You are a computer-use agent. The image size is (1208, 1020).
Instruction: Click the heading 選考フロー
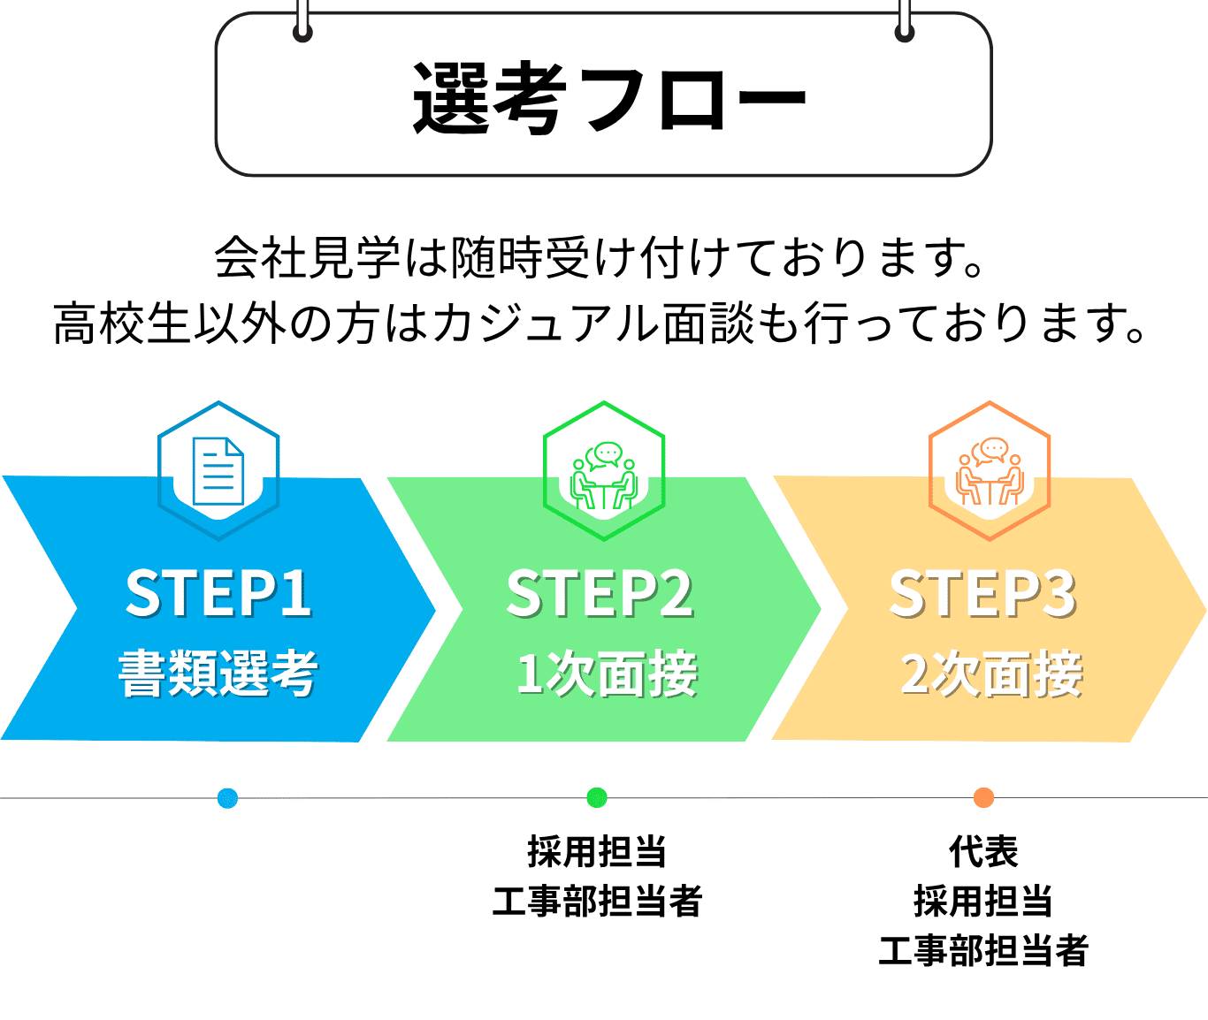pos(608,98)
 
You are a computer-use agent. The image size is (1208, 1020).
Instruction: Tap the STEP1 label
pos(218,593)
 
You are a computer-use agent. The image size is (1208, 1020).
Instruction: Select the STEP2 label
pos(600,593)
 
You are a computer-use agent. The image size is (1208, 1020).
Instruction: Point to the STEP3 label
pos(983,593)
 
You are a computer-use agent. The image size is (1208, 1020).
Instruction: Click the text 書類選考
pos(218,673)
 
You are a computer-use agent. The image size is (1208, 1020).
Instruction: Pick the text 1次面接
pos(607,673)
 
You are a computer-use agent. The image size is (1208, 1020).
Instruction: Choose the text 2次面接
pos(991,673)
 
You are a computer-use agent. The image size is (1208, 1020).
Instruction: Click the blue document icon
pos(218,471)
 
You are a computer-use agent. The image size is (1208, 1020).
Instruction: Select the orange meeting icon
pos(990,471)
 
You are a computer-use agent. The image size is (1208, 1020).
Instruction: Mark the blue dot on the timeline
pos(227,798)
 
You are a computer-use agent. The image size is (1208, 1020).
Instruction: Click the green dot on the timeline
pos(596,797)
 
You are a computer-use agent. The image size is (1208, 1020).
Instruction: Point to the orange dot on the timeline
pos(983,797)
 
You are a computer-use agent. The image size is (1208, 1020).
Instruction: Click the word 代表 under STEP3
pos(983,851)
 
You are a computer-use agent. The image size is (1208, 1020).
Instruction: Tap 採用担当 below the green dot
pos(596,851)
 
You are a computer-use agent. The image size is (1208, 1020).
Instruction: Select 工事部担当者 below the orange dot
pos(983,950)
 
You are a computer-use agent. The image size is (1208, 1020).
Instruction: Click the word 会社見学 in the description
pos(307,257)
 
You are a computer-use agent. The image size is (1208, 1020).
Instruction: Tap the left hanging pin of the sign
pos(302,22)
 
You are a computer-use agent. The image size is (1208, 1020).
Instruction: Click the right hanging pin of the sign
pos(905,22)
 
